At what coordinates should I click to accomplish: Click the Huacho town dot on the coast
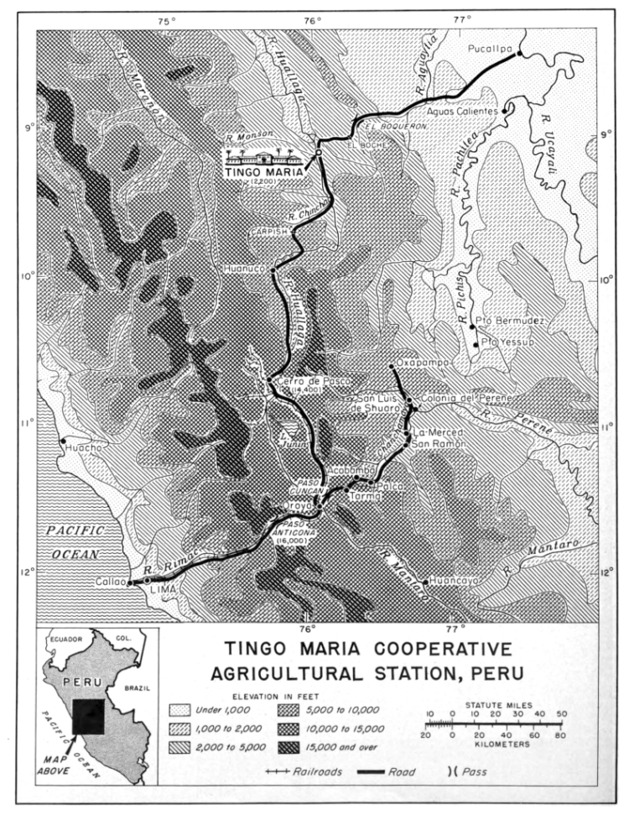(61, 440)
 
